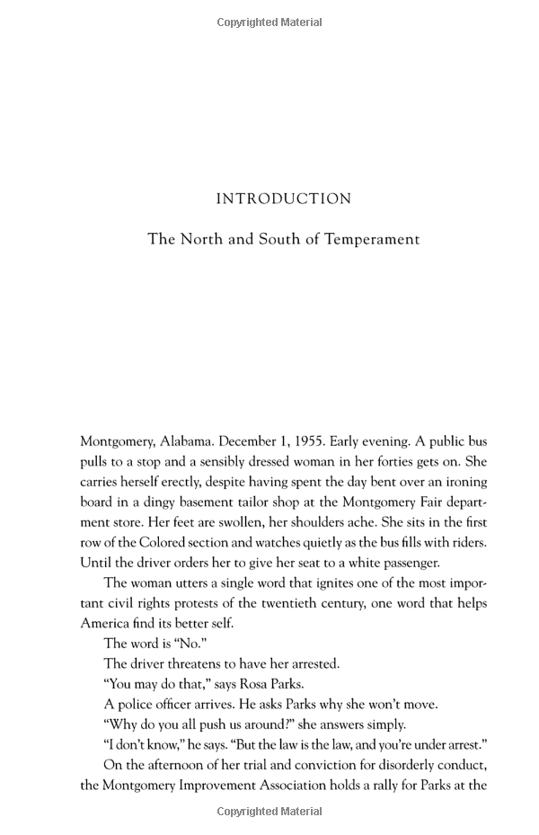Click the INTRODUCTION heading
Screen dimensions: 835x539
click(x=283, y=199)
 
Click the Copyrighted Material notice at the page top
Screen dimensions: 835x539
click(x=269, y=22)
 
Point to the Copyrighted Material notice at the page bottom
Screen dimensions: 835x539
click(x=269, y=812)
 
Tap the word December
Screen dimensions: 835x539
click(x=248, y=442)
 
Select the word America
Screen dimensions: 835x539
click(x=105, y=623)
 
